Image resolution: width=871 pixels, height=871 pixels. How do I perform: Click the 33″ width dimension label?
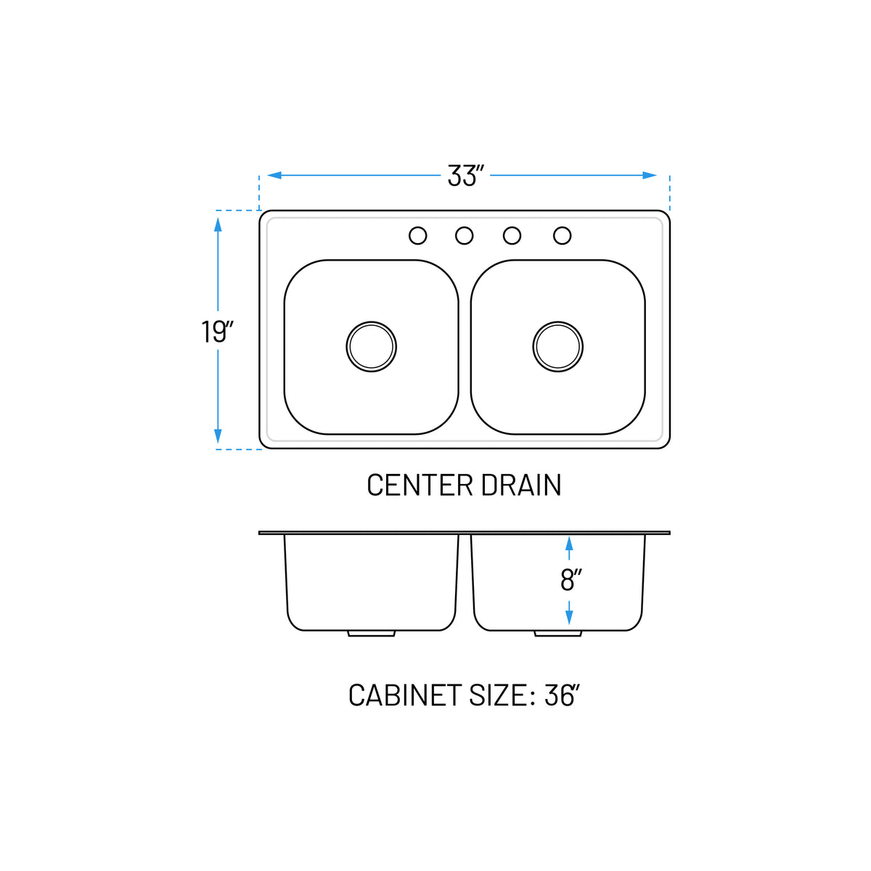pyautogui.click(x=465, y=176)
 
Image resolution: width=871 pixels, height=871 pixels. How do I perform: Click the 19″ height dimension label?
pyautogui.click(x=217, y=332)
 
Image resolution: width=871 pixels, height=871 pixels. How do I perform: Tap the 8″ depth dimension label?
pyautogui.click(x=571, y=580)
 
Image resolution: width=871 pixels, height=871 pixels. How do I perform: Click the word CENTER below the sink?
pyautogui.click(x=420, y=486)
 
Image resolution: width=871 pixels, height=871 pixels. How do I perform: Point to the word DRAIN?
pyautogui.click(x=521, y=486)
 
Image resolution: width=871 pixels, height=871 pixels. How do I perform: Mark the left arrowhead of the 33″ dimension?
pyautogui.click(x=274, y=176)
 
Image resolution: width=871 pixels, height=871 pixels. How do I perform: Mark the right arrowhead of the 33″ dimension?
pyautogui.click(x=650, y=176)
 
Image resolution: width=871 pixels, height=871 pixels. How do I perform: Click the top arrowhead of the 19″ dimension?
pyautogui.click(x=218, y=224)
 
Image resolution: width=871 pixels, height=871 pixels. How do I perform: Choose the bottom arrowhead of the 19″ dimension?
pyautogui.click(x=218, y=436)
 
